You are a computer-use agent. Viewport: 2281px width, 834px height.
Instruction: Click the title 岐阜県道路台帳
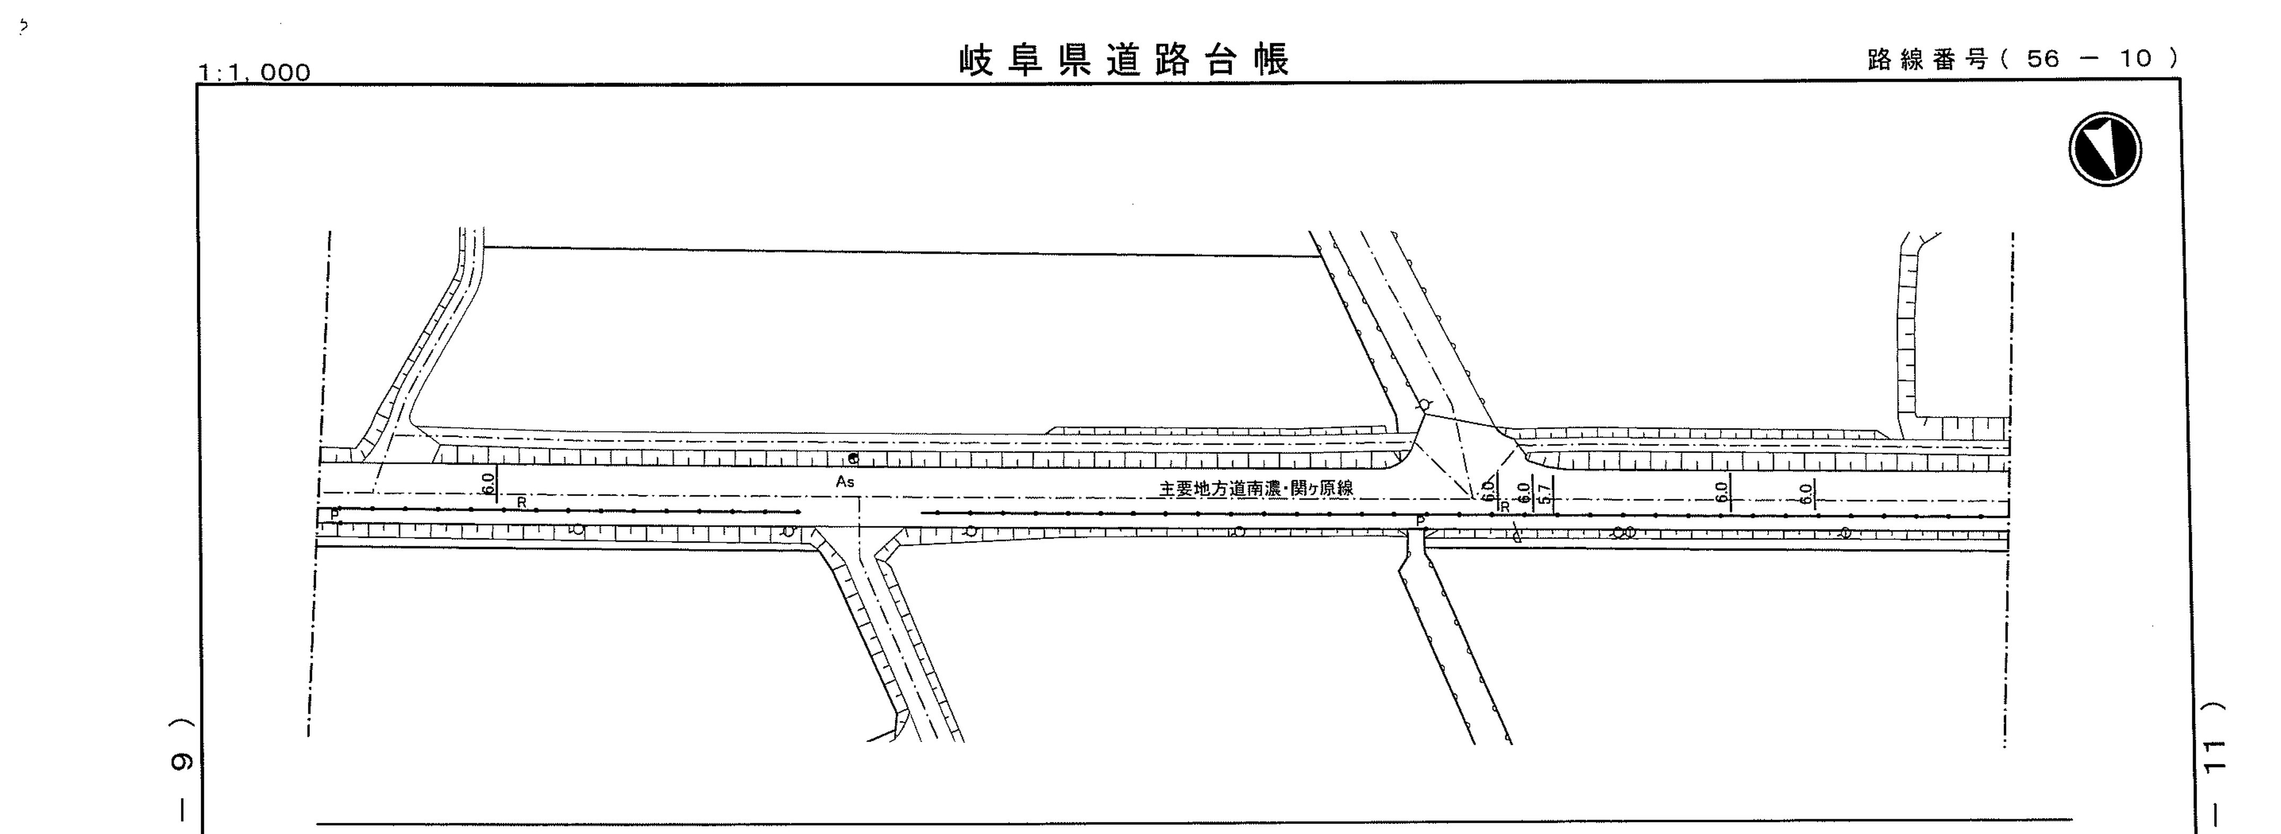point(1124,59)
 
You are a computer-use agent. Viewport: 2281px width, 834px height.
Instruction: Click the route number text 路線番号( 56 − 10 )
point(2023,59)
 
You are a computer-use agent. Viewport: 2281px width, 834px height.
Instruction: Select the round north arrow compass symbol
point(2105,149)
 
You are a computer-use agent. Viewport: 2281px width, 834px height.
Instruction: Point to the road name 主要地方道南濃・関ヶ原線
point(1255,488)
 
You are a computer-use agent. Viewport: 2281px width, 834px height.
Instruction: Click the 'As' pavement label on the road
point(845,482)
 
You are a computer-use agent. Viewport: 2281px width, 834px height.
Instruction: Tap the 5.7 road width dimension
point(1545,492)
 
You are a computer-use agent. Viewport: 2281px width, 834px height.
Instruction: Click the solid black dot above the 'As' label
point(853,458)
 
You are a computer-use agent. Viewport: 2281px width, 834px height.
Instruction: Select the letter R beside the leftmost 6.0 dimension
point(522,503)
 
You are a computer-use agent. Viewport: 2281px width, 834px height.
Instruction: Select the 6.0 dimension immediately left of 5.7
point(1523,492)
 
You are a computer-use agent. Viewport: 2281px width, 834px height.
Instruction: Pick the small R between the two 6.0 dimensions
point(1504,507)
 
